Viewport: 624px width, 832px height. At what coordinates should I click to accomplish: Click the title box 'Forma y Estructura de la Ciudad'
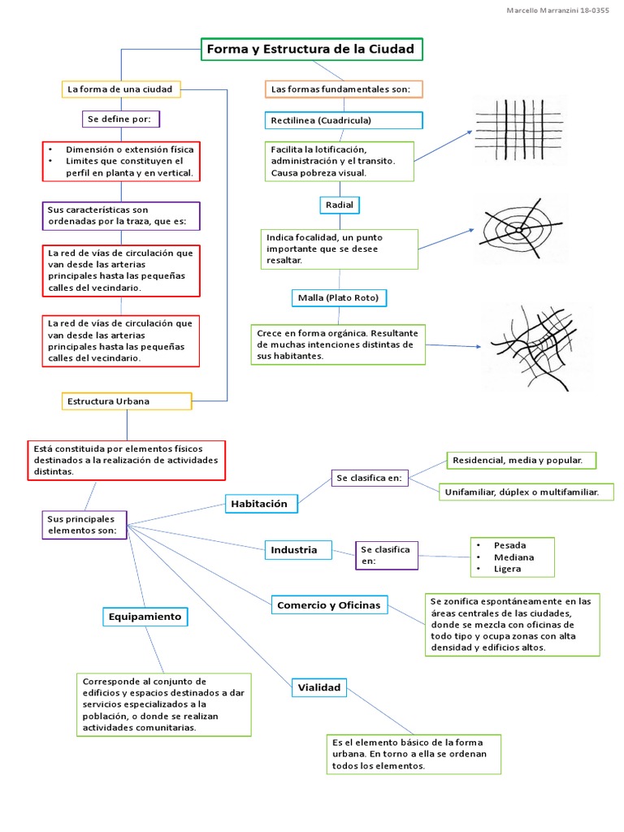[311, 50]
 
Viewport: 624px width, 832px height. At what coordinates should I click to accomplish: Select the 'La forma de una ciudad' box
[121, 89]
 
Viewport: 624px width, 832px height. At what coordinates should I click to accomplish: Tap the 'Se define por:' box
[120, 119]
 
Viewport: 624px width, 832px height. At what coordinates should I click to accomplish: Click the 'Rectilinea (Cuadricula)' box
[344, 120]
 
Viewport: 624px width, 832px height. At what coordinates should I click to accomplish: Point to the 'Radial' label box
[340, 205]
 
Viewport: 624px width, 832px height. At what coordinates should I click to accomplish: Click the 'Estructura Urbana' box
[127, 401]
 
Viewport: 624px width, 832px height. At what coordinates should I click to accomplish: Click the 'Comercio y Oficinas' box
[329, 605]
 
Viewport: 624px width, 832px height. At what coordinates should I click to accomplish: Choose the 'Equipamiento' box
[145, 617]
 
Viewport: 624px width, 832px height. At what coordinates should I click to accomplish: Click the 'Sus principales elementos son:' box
[84, 525]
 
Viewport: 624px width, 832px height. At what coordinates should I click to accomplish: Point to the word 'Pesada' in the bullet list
[510, 545]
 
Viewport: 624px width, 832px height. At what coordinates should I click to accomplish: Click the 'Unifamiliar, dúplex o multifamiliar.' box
[526, 492]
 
